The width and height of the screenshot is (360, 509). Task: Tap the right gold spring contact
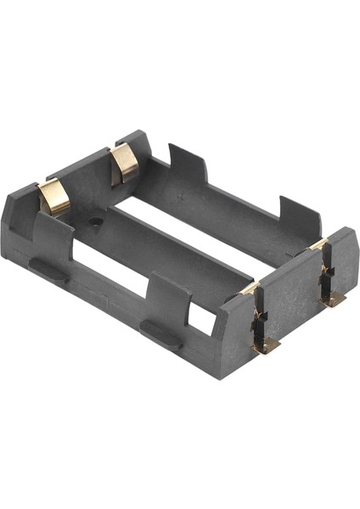point(126,165)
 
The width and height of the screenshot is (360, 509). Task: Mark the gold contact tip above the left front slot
point(249,288)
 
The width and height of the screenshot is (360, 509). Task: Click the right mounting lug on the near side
point(160,334)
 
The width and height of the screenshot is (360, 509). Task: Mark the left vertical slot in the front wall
point(259,318)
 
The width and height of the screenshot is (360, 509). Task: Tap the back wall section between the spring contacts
point(89,178)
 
